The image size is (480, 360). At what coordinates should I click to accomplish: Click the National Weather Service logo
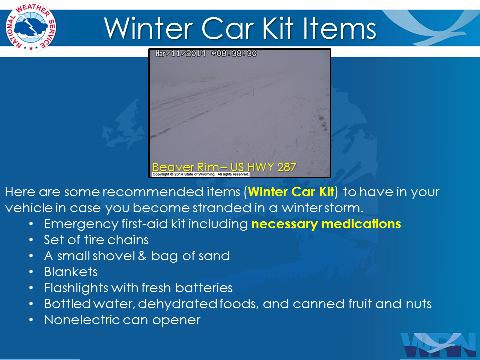[31, 27]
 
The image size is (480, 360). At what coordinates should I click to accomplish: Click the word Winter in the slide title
[149, 29]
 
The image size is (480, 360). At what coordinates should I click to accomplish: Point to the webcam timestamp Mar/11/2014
[181, 54]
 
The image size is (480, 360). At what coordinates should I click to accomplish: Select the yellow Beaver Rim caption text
[224, 167]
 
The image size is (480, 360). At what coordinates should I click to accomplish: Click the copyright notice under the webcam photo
[201, 174]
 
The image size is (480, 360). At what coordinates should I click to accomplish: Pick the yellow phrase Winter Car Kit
[291, 192]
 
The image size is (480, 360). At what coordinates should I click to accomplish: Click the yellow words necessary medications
[326, 224]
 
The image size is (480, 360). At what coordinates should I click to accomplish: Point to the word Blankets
[71, 272]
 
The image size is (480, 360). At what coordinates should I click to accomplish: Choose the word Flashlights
[76, 288]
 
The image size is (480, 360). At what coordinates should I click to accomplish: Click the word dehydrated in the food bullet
[178, 304]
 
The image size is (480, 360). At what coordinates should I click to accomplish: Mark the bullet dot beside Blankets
[31, 272]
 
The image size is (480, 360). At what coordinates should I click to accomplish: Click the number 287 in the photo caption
[287, 167]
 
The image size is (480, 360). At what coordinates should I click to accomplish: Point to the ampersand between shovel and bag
[143, 256]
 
